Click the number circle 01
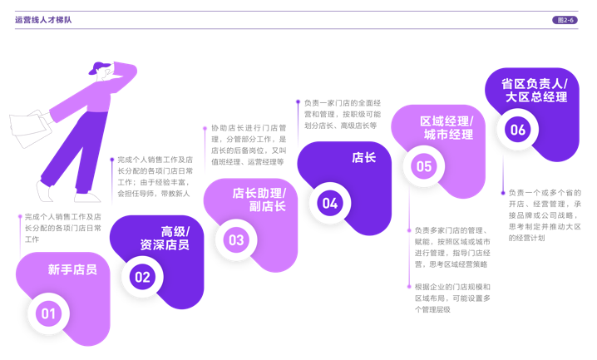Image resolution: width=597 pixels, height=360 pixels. coord(48,313)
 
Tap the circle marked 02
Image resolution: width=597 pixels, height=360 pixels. coord(142,277)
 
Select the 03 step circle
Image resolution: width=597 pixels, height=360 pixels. coord(236,240)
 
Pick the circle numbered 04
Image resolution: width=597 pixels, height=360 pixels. coord(330,203)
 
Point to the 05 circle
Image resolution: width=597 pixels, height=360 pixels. coord(424,166)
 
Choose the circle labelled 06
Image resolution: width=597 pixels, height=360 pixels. coord(517,130)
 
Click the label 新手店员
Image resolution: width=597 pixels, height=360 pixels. coord(72,269)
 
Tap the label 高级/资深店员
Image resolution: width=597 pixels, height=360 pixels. coord(165,238)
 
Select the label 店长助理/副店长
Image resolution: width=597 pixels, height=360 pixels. coord(259,200)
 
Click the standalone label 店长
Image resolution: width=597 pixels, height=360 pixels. coord(364,157)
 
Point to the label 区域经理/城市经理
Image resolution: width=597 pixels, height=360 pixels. coord(447,127)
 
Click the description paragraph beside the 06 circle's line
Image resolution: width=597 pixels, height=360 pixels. coord(545,214)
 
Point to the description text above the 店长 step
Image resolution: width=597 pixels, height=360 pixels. coord(340,113)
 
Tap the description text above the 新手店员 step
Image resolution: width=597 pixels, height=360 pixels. coord(62,228)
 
